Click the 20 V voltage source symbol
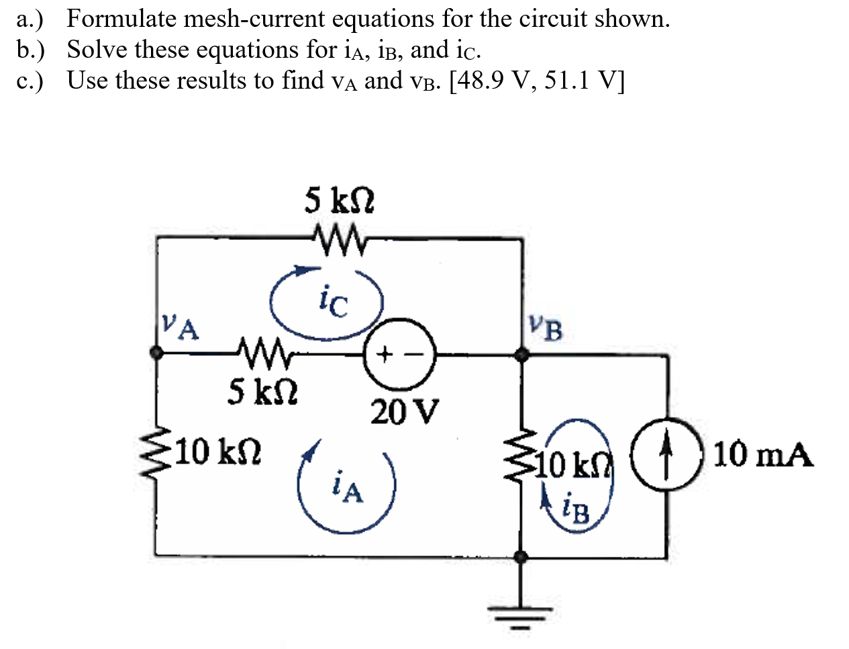(x=400, y=353)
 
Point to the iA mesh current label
(x=347, y=488)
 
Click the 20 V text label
(x=405, y=412)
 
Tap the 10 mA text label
(x=762, y=456)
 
